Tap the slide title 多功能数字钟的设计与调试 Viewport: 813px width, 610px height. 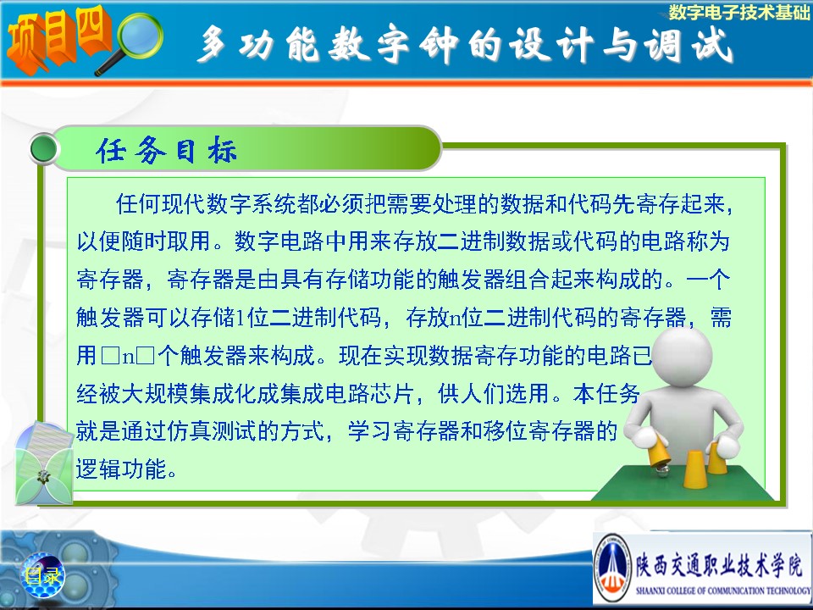[x=465, y=45]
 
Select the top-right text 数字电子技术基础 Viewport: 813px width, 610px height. [x=738, y=11]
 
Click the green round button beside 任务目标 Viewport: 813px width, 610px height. [x=43, y=149]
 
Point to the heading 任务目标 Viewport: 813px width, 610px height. [x=167, y=151]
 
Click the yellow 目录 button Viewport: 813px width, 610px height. [x=42, y=575]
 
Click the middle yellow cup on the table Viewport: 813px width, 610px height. [x=694, y=469]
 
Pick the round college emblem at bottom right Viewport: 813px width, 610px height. [x=612, y=568]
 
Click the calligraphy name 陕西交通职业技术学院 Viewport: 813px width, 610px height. [x=719, y=564]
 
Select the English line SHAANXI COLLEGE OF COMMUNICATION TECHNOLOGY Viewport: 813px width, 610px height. [x=723, y=591]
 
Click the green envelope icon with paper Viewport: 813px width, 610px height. [x=43, y=463]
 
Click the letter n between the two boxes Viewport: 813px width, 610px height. [x=128, y=357]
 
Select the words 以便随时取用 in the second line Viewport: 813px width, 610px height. [x=144, y=241]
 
